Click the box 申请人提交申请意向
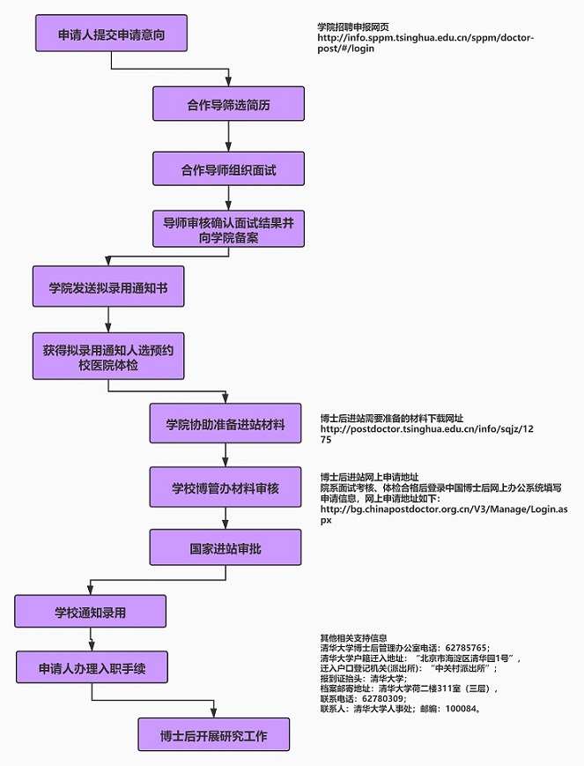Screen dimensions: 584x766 pos(111,33)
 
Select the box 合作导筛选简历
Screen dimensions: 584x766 pos(228,103)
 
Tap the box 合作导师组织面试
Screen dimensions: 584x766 pos(228,168)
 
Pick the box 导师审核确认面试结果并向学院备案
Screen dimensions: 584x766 pos(228,228)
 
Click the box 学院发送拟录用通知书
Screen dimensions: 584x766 pos(108,286)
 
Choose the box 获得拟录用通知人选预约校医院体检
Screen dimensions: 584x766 pos(108,356)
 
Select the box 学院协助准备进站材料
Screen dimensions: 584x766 pos(225,423)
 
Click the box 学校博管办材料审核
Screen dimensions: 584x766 pos(225,487)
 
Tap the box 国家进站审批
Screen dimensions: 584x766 pos(225,547)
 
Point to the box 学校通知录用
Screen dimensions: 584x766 pos(91,611)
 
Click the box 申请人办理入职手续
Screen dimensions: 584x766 pos(92,666)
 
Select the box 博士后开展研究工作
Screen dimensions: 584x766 pos(214,734)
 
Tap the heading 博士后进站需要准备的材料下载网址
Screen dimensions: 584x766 pos(392,418)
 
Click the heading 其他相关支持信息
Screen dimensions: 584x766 pos(354,637)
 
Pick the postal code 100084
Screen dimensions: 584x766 pos(460,709)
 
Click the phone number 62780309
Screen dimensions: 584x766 pos(382,699)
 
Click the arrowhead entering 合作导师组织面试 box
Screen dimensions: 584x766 pos(228,146)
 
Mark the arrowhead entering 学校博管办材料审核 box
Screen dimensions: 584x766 pos(225,462)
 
